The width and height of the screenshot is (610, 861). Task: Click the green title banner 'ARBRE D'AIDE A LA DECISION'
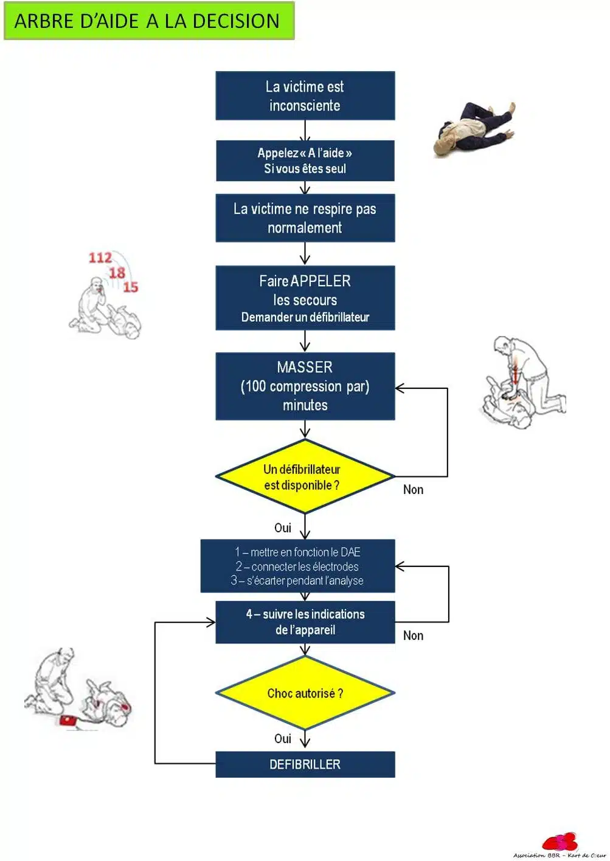[x=149, y=21]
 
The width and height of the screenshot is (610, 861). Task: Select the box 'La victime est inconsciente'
[x=305, y=96]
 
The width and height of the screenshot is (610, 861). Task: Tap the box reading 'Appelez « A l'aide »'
[x=305, y=160]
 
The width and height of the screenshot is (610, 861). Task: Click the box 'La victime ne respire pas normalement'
[x=305, y=218]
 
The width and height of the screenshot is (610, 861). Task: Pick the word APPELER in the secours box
[x=321, y=281]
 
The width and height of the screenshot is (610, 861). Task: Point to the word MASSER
[x=305, y=367]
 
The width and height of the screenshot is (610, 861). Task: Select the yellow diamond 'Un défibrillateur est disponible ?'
[x=305, y=476]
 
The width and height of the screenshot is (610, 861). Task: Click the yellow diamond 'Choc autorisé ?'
[x=305, y=693]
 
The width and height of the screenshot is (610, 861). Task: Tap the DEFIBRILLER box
[x=305, y=764]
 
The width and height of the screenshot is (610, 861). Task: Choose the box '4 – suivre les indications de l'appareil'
[x=305, y=622]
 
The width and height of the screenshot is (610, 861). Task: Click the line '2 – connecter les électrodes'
[x=297, y=566]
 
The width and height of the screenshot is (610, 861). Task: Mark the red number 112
[x=100, y=258]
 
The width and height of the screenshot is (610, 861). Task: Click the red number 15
[x=131, y=287]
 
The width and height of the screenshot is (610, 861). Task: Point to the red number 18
[x=117, y=273]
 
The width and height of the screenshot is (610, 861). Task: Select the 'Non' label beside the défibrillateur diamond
[x=413, y=490]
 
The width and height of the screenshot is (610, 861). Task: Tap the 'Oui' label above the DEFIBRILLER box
[x=283, y=739]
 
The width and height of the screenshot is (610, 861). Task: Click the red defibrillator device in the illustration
[x=69, y=720]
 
